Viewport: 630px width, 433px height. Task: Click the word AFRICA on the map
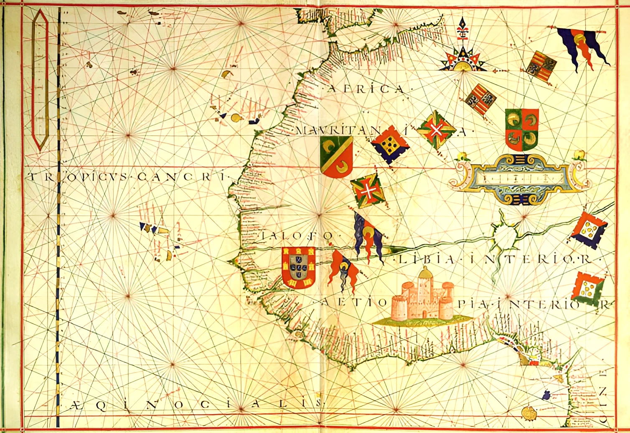[x=366, y=89]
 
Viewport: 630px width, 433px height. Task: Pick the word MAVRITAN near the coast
[x=338, y=131]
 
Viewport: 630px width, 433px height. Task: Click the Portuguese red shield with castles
[x=298, y=268]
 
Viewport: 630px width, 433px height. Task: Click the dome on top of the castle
[x=424, y=273]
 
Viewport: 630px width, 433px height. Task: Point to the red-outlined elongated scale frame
[x=41, y=79]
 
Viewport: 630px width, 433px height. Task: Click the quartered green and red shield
[x=521, y=129]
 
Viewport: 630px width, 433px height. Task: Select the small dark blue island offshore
[x=546, y=394]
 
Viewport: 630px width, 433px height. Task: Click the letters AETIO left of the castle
[x=355, y=302]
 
